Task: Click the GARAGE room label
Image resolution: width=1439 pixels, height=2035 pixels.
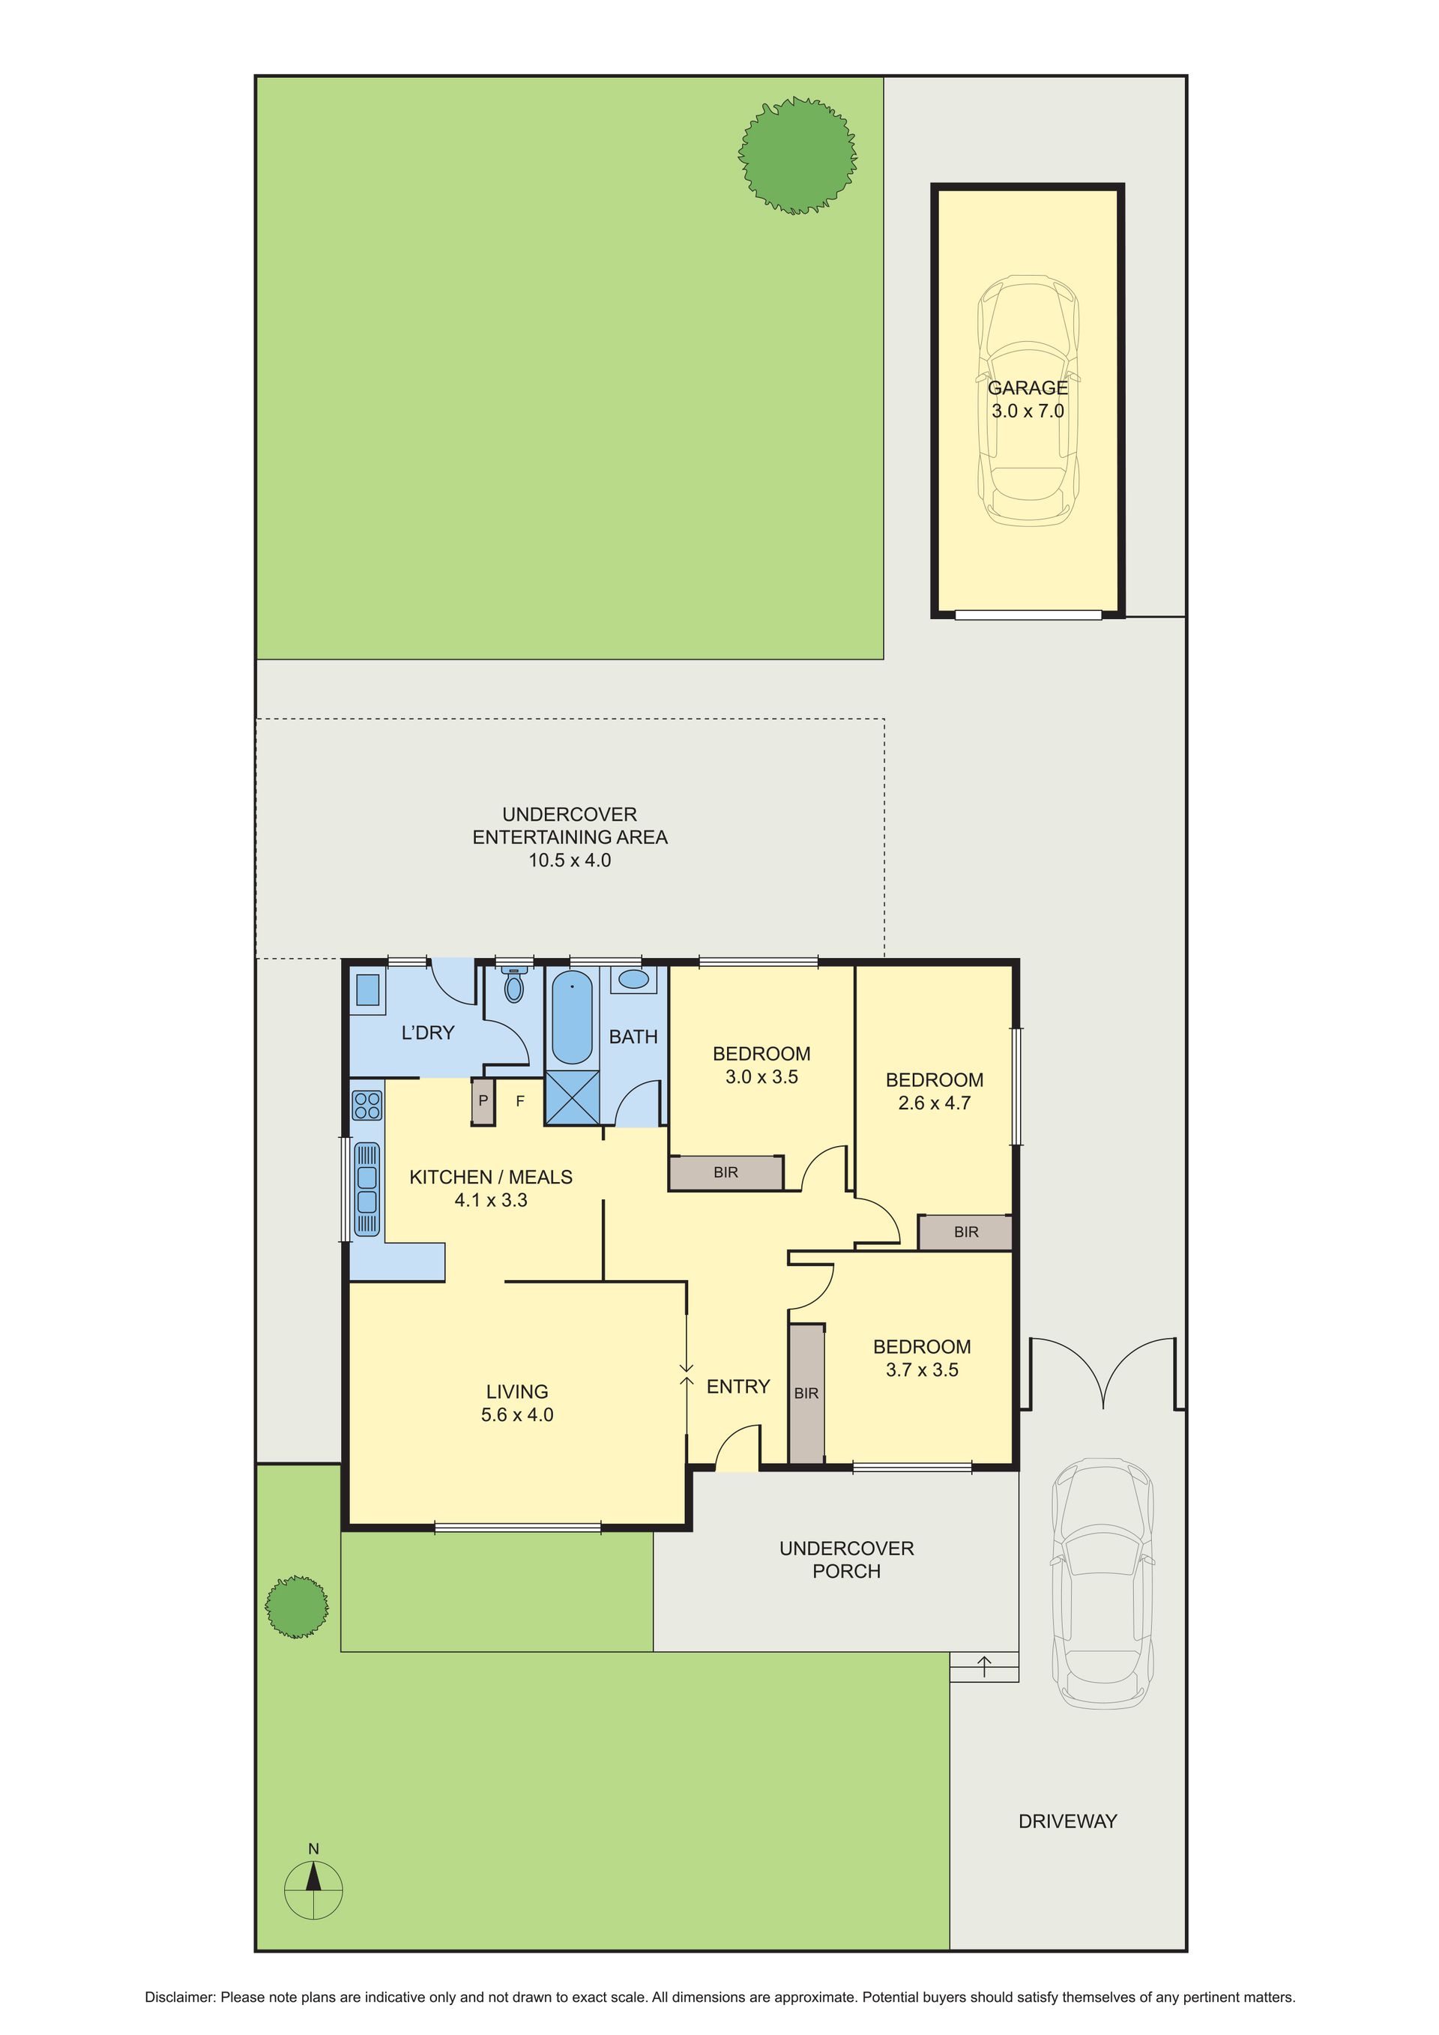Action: point(1028,388)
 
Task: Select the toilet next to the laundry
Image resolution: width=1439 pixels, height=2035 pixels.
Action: point(514,985)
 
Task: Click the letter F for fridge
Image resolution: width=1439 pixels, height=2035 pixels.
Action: point(520,1101)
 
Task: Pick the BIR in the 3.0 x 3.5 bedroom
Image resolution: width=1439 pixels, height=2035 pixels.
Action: point(725,1172)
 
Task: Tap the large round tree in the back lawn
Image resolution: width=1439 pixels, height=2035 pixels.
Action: point(797,156)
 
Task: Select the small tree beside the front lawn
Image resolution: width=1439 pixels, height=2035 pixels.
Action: point(297,1606)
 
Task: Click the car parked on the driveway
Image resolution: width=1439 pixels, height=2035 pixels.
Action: point(1103,1583)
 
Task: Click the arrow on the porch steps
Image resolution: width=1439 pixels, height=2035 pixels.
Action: point(984,1666)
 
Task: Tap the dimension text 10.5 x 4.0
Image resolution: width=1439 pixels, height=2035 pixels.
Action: point(570,860)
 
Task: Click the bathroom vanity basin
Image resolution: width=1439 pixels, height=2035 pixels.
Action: point(633,980)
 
